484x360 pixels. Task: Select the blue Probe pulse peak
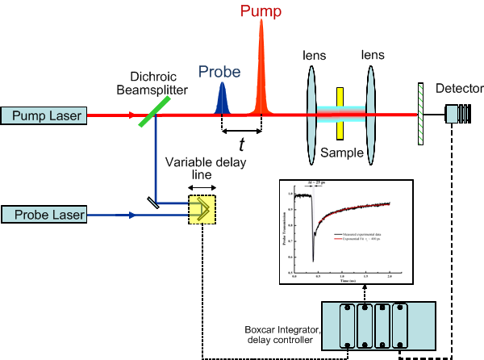[x=223, y=101]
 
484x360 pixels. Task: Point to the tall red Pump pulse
[x=261, y=73]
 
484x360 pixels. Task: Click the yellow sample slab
[x=341, y=113]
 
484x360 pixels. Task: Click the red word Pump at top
[x=261, y=10]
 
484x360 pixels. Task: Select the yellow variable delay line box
[x=202, y=209]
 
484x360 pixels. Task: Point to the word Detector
[x=458, y=89]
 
